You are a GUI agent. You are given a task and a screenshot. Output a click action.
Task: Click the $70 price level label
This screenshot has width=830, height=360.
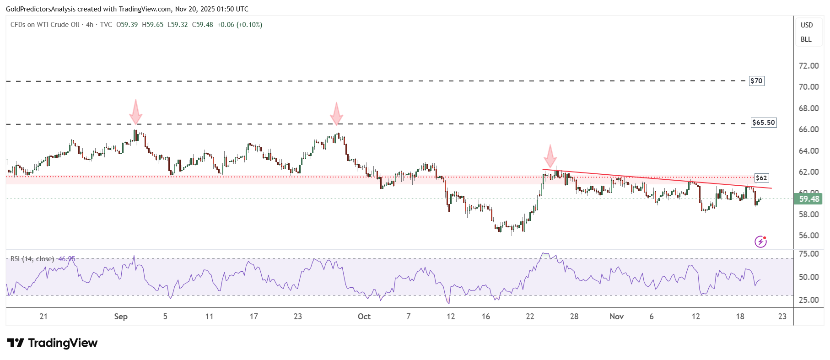[x=756, y=81]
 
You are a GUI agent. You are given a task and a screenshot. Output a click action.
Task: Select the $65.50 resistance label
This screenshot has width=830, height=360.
[x=764, y=123]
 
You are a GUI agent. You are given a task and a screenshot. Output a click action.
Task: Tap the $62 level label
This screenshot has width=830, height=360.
[x=761, y=178]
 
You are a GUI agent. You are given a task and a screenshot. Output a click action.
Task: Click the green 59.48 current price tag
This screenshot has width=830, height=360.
[x=808, y=199]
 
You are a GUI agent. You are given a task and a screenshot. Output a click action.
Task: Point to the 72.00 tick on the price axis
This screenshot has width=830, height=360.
[x=808, y=66]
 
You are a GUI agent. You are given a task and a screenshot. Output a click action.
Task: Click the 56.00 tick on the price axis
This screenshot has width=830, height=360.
[x=808, y=236]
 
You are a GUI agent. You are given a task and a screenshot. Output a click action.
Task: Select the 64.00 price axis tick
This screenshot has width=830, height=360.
[x=808, y=151]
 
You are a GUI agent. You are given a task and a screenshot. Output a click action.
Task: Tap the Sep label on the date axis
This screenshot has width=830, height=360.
[x=121, y=317]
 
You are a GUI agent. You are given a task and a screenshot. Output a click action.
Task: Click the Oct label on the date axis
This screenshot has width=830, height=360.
[x=364, y=317]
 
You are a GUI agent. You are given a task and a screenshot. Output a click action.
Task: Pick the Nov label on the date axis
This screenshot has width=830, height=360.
[x=616, y=317]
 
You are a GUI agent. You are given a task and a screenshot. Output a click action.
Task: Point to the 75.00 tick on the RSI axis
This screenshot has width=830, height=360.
[x=808, y=254]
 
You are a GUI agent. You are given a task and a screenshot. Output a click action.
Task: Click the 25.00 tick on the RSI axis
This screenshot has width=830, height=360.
[x=808, y=300]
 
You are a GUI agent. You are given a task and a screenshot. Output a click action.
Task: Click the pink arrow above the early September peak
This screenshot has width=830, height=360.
[x=135, y=112]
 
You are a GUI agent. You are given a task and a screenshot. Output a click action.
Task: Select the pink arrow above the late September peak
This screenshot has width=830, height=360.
[x=336, y=114]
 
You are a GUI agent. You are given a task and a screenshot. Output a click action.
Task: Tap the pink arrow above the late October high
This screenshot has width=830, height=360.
[x=550, y=156]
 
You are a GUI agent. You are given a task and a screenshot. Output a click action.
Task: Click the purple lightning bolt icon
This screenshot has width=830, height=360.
[x=760, y=242]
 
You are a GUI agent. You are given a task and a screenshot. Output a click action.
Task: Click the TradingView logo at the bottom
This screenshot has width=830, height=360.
[x=52, y=343]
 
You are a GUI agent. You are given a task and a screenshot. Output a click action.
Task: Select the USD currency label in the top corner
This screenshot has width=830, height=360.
[x=807, y=25]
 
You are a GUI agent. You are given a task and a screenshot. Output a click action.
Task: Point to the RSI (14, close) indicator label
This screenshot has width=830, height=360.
[x=32, y=259]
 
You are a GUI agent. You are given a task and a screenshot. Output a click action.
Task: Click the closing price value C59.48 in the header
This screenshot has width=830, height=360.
[x=203, y=25]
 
